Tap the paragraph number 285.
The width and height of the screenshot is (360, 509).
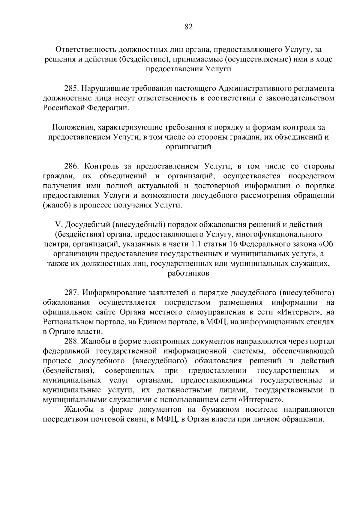point(72,89)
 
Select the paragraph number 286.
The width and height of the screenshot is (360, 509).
point(72,166)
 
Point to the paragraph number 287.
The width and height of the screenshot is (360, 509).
point(72,292)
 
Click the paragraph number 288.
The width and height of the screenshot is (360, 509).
point(72,341)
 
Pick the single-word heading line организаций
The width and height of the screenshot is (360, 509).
point(188,147)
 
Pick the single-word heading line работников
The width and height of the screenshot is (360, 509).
point(188,273)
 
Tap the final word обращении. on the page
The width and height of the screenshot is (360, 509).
point(303,419)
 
